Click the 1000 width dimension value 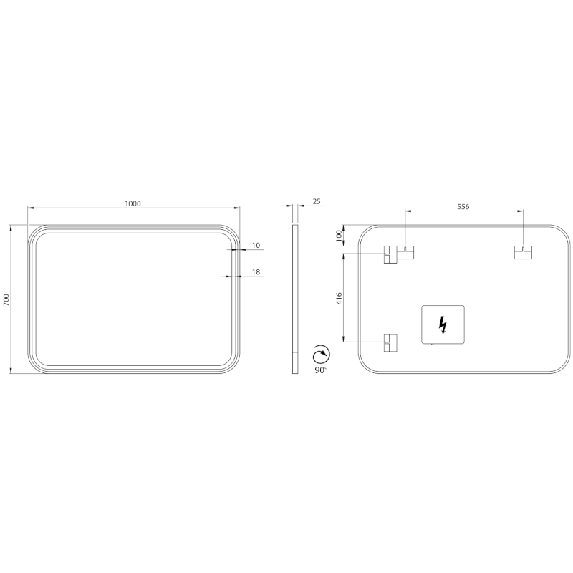tap(133, 203)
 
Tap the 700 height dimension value tap(6, 299)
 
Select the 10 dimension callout tap(256, 246)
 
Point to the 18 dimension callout tap(256, 271)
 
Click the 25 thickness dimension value tap(317, 202)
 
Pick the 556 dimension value tap(463, 206)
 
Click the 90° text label tap(320, 370)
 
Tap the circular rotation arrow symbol tap(322, 355)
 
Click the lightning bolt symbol tap(443, 325)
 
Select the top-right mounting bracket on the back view tap(523, 252)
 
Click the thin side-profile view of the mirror tap(294, 299)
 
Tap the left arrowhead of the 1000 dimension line tap(30, 208)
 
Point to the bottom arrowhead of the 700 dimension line tap(11, 371)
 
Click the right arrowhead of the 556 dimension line tap(520, 211)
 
